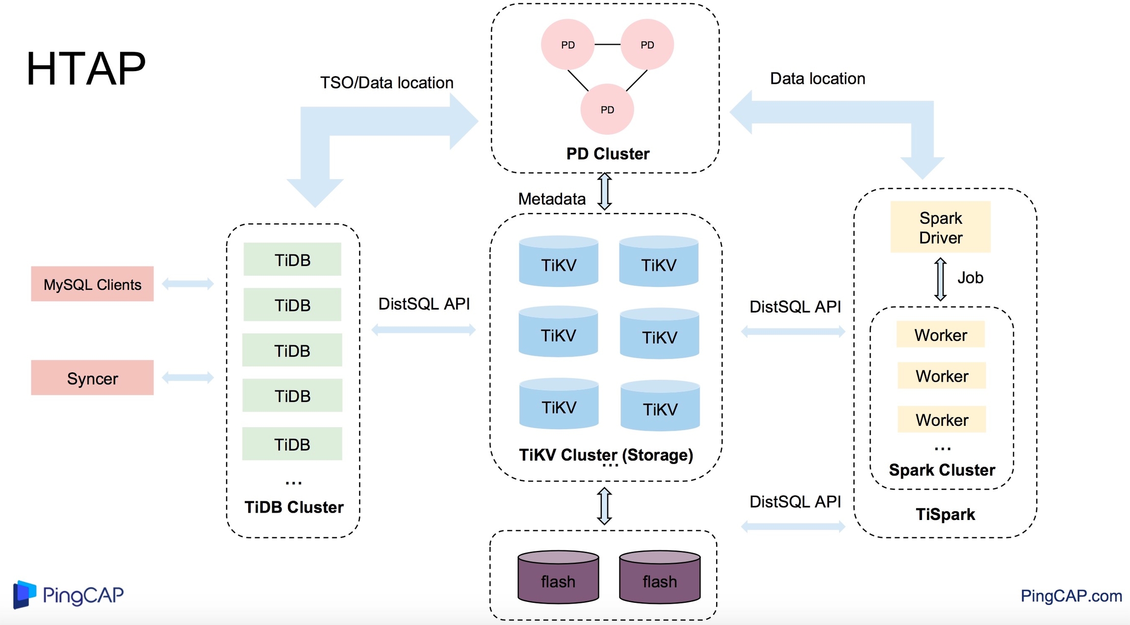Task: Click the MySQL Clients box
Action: pos(92,284)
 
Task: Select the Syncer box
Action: pos(92,378)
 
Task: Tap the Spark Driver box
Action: pos(940,227)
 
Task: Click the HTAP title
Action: pos(86,69)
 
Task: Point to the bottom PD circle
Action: pos(607,109)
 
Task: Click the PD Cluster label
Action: pos(608,154)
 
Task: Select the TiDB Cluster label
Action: pos(294,507)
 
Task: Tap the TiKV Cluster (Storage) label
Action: pos(606,455)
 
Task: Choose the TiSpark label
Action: pos(945,514)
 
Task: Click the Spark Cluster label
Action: pos(942,470)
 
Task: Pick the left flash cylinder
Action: pos(558,577)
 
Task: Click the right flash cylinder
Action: pos(660,577)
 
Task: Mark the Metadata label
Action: pos(552,199)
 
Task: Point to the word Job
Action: pos(970,278)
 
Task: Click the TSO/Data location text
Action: pos(386,83)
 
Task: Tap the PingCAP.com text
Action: pos(1071,596)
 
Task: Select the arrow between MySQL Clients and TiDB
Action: pos(188,284)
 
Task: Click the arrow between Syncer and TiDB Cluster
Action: pos(188,377)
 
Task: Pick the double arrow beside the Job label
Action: pos(940,279)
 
